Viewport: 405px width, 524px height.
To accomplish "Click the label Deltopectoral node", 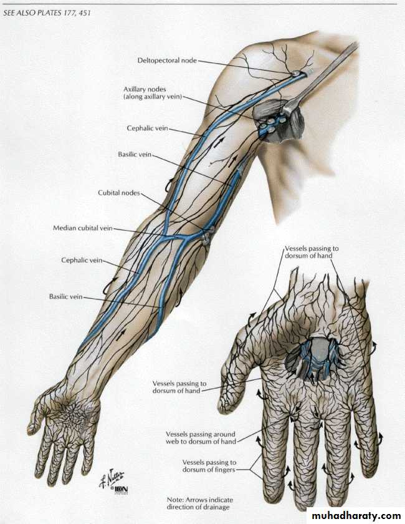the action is coord(167,61).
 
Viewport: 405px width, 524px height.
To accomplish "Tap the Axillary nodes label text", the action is coord(153,93).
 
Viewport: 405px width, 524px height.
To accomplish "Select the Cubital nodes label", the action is coord(118,193).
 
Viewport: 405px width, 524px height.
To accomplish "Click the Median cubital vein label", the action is coord(82,228).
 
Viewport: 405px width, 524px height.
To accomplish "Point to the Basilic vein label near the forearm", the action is coord(65,296).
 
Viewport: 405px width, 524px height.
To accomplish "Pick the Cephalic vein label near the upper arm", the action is coord(147,128).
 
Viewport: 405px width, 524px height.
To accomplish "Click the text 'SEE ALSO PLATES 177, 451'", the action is coord(46,13).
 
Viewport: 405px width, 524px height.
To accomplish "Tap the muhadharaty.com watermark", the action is coord(355,516).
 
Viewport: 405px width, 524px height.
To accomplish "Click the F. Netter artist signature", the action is coord(112,478).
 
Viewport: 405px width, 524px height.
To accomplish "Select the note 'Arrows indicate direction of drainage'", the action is coord(200,503).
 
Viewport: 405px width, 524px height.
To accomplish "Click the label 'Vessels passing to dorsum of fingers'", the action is coord(209,466).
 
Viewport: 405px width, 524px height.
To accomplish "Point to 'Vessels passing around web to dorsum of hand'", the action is coord(201,438).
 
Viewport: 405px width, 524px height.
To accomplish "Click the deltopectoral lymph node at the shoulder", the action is coord(296,74).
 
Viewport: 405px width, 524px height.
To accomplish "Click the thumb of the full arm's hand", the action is coord(40,414).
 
